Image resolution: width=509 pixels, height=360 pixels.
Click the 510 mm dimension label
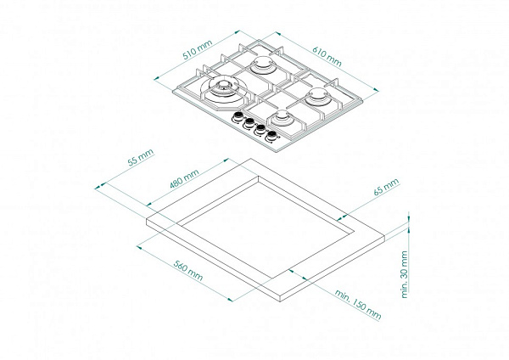198,50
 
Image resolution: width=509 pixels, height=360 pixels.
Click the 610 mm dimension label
327,56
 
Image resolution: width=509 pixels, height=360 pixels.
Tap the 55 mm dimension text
140,158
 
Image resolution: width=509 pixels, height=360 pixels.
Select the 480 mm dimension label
184,179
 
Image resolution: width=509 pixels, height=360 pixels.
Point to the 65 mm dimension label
386,187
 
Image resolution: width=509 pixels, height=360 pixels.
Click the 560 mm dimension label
188,270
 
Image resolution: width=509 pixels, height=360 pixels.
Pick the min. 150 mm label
358,305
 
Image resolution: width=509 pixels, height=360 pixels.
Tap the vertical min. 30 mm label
404,274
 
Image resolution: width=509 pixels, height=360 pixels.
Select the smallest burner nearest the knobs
282,117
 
